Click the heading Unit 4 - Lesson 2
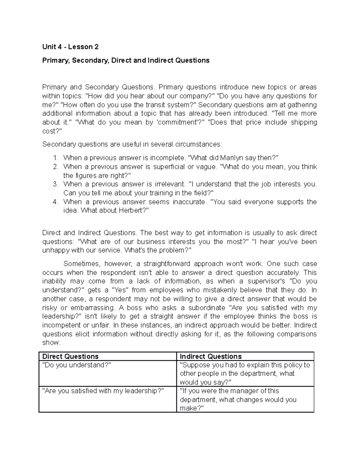(70, 47)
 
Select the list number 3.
(55, 184)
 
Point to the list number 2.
(55, 167)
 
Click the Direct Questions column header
(70, 356)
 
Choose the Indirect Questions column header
(211, 356)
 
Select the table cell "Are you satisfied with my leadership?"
(103, 391)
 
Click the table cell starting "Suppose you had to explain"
(244, 373)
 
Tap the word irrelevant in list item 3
(169, 184)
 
